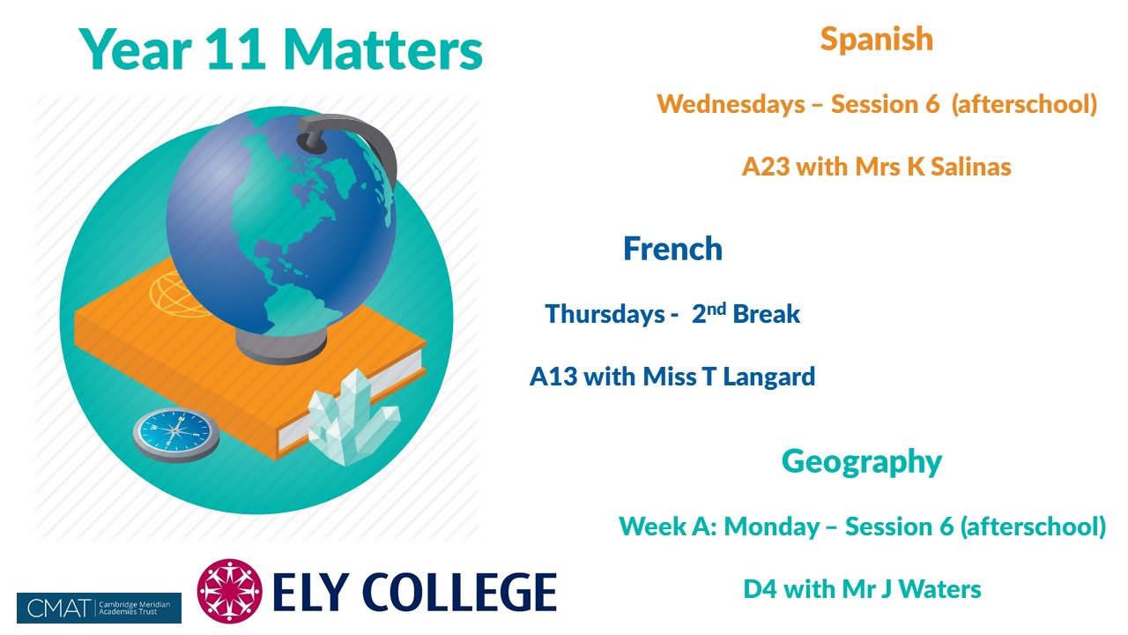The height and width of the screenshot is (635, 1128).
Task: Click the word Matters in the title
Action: [x=383, y=49]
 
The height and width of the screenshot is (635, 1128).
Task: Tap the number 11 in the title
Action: [x=235, y=49]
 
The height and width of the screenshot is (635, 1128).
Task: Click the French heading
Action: [x=672, y=249]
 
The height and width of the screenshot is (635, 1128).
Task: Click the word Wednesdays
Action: [x=731, y=104]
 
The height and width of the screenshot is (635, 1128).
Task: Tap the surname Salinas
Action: [x=971, y=167]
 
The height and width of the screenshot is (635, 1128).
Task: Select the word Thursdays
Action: [x=605, y=315]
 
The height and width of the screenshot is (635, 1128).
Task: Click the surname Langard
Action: [x=769, y=377]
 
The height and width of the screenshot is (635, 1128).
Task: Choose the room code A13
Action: [x=553, y=377]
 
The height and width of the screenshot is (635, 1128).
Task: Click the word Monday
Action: [x=771, y=527]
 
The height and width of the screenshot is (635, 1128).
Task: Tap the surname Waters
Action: [x=939, y=589]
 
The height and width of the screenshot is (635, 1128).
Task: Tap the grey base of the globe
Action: [x=280, y=345]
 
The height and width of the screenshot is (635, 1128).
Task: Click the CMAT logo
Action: [x=99, y=608]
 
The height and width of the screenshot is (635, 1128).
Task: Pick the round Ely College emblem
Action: [x=230, y=591]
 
